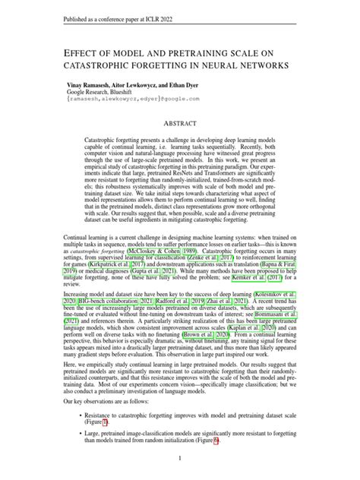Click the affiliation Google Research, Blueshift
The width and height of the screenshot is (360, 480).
click(109, 90)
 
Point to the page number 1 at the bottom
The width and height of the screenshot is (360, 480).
click(179, 458)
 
